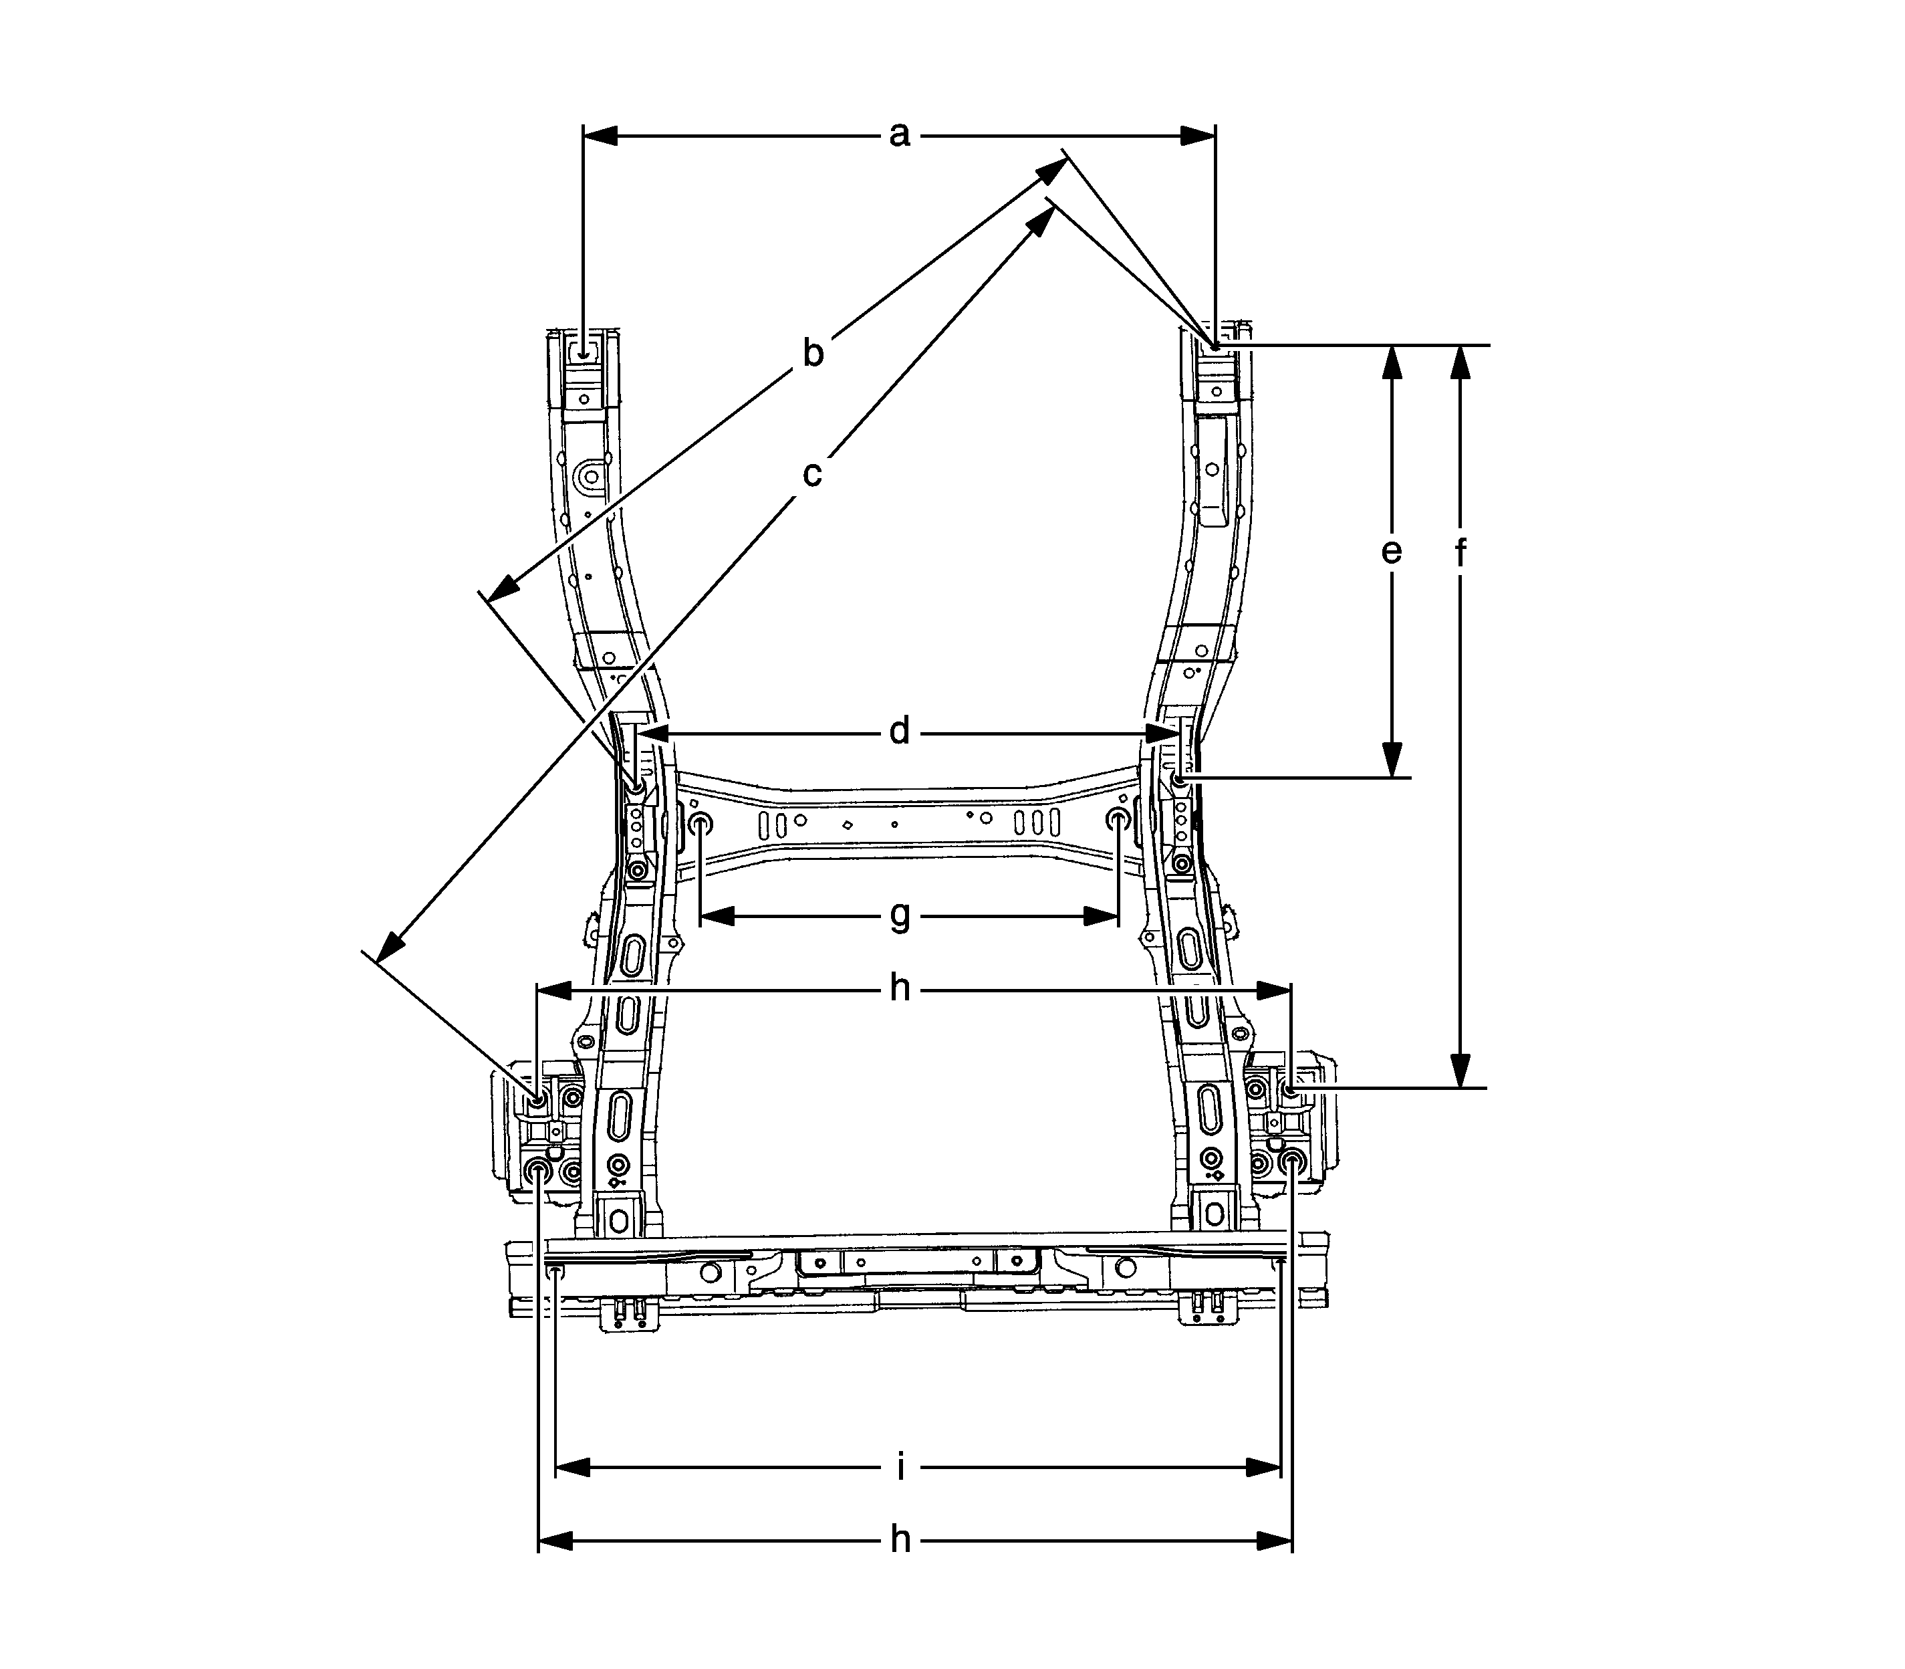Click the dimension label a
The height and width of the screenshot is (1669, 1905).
coord(898,136)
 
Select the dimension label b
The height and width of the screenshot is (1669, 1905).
coord(813,354)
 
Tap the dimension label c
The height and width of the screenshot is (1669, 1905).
coord(813,474)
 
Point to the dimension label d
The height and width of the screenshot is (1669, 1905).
coord(898,733)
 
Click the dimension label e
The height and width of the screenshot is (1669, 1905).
coord(1391,552)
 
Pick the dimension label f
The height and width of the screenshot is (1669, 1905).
coord(1460,553)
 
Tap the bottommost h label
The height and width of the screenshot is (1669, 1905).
coord(900,1541)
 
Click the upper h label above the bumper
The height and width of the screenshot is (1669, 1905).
coord(900,989)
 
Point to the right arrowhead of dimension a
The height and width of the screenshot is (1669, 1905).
coord(1198,136)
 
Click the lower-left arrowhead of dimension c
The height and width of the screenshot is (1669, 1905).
coord(390,945)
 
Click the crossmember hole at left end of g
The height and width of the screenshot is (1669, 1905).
coord(701,823)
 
